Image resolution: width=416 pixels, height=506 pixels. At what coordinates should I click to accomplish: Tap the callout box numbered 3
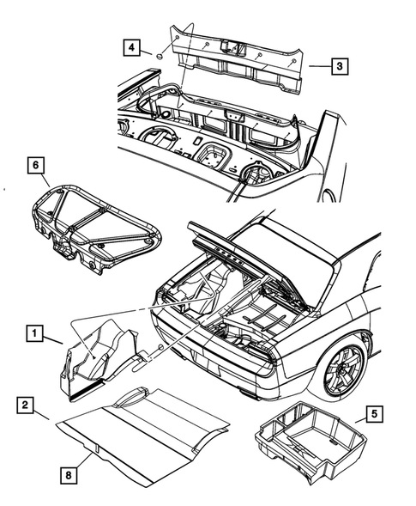coord(340,65)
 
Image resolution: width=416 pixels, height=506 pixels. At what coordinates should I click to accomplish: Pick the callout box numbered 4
coord(133,48)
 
